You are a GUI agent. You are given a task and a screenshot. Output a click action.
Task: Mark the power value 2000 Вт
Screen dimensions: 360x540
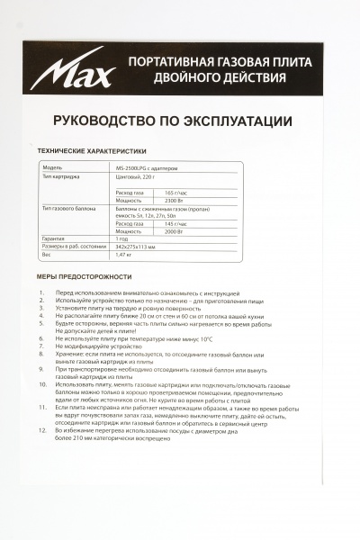176,230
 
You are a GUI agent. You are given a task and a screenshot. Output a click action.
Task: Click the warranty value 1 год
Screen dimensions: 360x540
123,238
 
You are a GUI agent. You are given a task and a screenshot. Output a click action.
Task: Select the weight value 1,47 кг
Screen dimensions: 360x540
124,256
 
